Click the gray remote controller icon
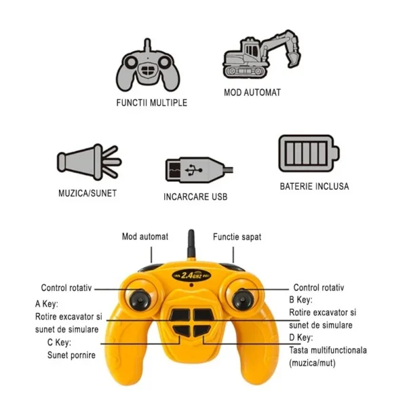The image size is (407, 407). click(x=148, y=70)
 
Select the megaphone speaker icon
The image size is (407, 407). click(x=89, y=161)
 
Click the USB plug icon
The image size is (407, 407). click(x=199, y=170)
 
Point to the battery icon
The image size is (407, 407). click(x=309, y=153)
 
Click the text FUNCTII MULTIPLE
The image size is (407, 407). click(x=152, y=103)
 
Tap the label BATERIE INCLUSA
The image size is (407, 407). click(x=314, y=187)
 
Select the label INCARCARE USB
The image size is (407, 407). click(x=195, y=197)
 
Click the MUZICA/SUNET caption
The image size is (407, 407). click(x=88, y=193)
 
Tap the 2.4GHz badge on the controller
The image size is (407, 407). click(x=191, y=275)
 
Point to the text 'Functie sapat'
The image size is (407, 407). click(x=237, y=237)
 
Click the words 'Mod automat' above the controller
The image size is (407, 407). click(x=145, y=237)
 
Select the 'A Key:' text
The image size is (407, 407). click(x=47, y=304)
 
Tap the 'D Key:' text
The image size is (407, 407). click(x=301, y=337)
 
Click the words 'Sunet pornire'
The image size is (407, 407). click(x=71, y=355)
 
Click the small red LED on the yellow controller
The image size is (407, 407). click(x=191, y=285)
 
